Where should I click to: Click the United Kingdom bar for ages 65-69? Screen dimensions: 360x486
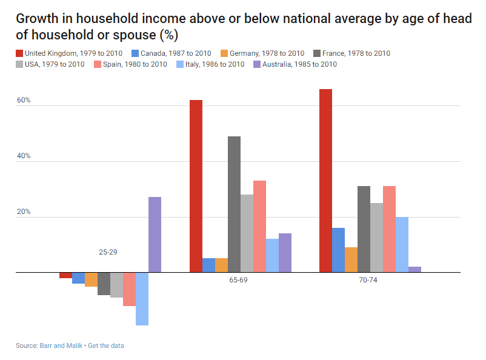coord(196,186)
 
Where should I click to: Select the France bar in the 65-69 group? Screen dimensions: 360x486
coord(234,204)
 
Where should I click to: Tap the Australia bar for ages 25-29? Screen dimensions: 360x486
coord(155,235)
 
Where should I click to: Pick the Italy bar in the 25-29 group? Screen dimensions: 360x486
coord(142,299)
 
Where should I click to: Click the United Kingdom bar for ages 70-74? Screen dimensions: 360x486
coord(325,181)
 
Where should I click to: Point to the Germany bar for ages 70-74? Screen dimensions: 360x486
coord(351,260)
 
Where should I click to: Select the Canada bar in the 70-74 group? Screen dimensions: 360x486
coord(338,250)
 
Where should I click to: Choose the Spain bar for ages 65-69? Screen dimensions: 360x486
coord(259,227)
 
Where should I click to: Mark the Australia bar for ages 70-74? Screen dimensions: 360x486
coord(414,270)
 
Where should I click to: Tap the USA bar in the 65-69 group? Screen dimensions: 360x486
coord(247,233)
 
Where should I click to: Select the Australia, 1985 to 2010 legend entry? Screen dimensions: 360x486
coord(295,64)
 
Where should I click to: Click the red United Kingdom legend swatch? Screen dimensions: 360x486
coord(19,53)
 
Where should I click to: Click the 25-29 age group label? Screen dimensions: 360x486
coord(108,252)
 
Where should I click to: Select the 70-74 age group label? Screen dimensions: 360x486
coord(367,281)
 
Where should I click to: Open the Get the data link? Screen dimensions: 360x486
coord(106,345)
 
